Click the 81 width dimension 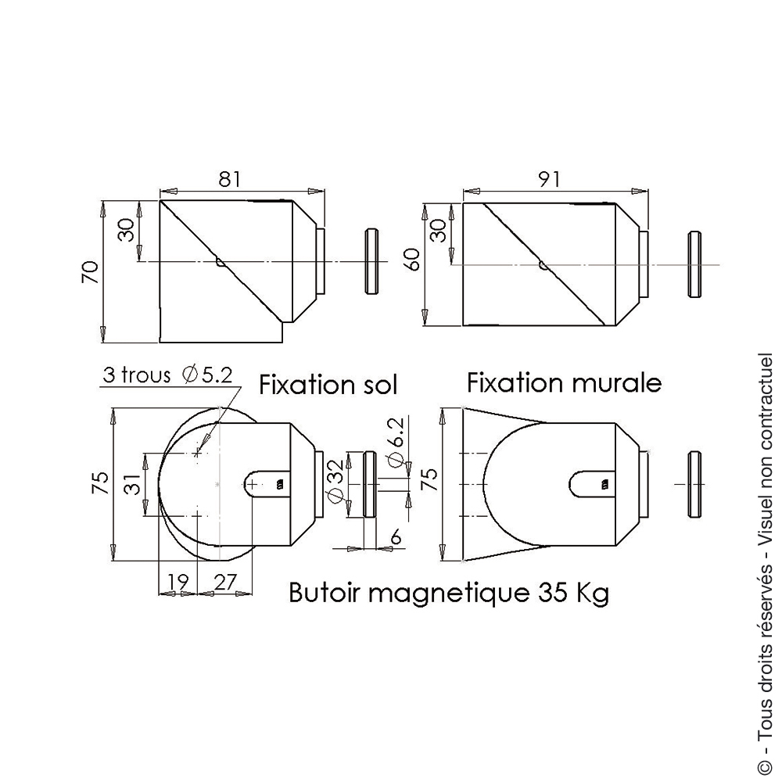[229, 178]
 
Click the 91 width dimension [550, 178]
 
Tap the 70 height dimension [90, 272]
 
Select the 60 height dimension [414, 259]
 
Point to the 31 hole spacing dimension [132, 484]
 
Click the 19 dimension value [178, 582]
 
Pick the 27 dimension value [225, 582]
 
